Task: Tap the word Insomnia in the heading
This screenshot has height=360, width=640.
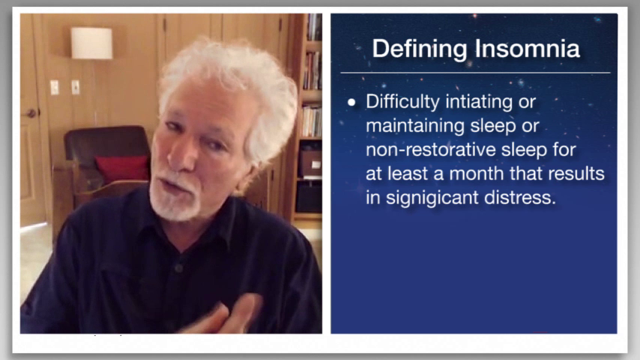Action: [528, 49]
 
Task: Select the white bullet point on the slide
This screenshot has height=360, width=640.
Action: [351, 103]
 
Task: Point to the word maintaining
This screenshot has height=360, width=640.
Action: [415, 126]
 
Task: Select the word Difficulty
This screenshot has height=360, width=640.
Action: [402, 102]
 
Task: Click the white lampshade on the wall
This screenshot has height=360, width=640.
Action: [92, 43]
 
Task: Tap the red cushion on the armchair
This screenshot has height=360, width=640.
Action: [122, 168]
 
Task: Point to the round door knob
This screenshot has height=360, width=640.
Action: [31, 113]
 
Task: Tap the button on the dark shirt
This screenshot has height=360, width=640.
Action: [178, 268]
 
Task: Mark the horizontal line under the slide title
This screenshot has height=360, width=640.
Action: [476, 73]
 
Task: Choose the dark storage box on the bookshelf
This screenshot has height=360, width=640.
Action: [309, 196]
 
